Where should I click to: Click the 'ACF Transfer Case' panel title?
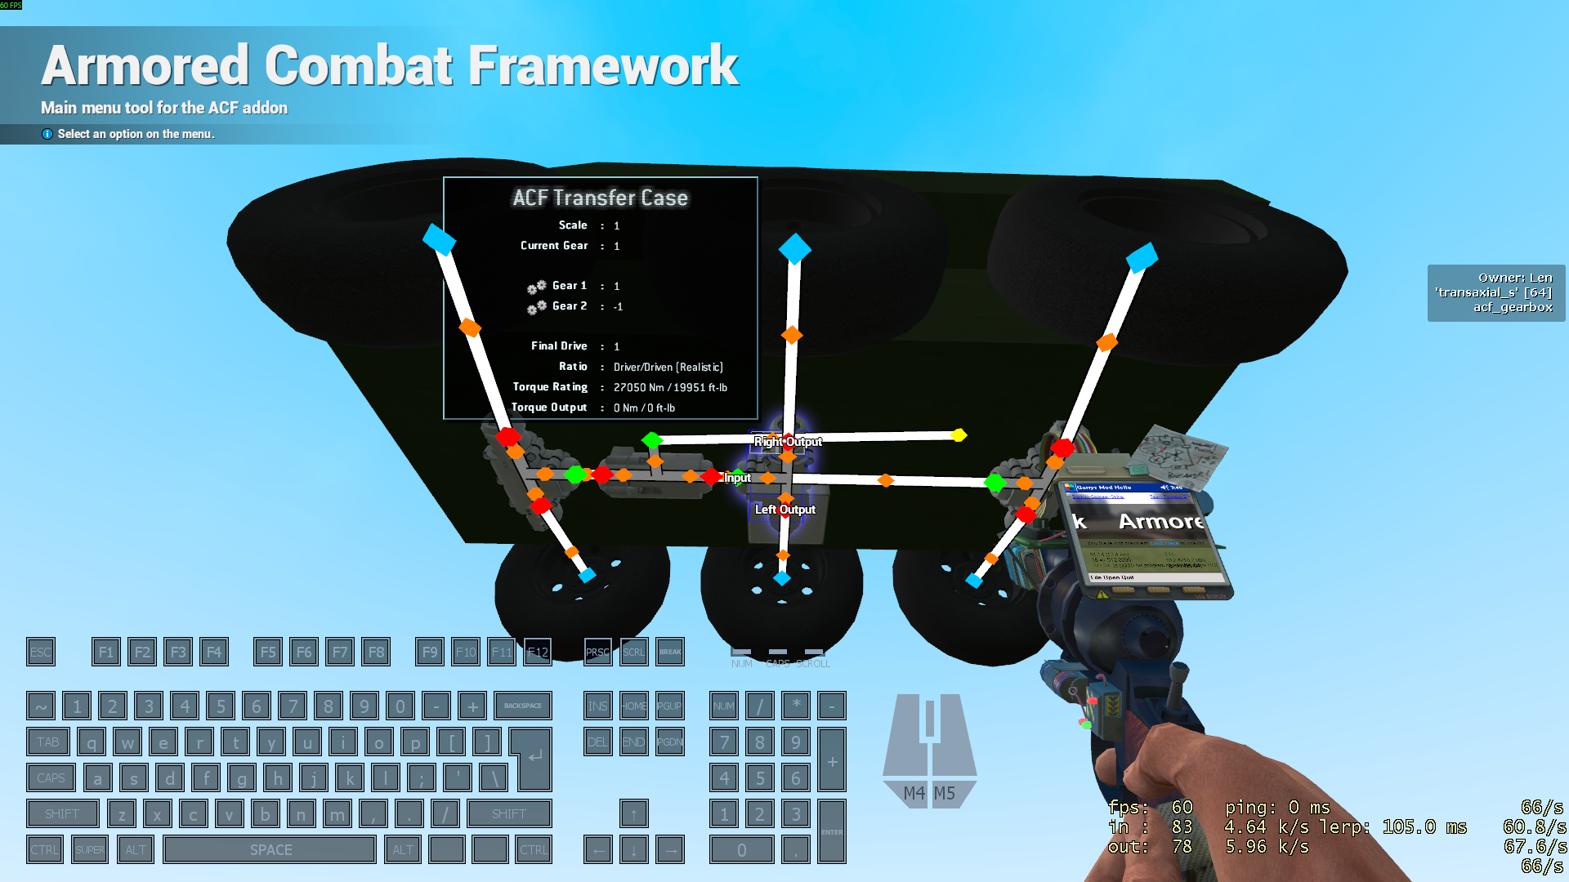600,198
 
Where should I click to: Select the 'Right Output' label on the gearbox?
788,442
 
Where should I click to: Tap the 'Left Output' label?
784,510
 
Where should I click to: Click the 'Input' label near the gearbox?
737,478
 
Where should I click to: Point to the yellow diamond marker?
959,435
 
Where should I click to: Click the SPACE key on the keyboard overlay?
270,850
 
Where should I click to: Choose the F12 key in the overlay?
538,653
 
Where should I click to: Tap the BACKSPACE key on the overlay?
523,706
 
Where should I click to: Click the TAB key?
48,742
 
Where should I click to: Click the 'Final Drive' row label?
559,346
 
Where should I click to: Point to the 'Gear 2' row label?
569,306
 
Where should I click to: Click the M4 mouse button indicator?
914,793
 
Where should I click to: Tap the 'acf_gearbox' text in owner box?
1513,307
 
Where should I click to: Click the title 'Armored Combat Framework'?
390,66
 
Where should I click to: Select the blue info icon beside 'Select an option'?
47,134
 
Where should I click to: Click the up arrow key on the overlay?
633,813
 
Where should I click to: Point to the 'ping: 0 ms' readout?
1277,808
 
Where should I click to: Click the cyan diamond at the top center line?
794,249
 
